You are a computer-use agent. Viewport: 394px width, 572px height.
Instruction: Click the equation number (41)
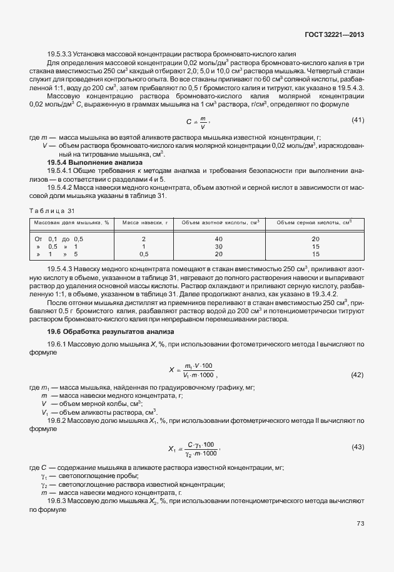(x=358, y=120)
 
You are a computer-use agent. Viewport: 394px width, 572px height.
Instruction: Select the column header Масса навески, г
(x=143, y=222)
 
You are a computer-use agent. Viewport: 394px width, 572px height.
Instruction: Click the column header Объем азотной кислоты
(x=218, y=222)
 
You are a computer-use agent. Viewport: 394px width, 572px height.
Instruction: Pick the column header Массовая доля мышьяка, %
(x=71, y=222)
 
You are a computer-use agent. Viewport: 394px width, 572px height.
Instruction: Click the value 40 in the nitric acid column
(x=218, y=239)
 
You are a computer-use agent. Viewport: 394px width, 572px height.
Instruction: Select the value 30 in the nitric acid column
(x=218, y=247)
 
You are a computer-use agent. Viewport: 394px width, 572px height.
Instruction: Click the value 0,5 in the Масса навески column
(x=143, y=254)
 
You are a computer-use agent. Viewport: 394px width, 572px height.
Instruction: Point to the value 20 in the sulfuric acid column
(x=315, y=239)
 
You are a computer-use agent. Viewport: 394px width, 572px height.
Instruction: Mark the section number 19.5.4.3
(x=63, y=268)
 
